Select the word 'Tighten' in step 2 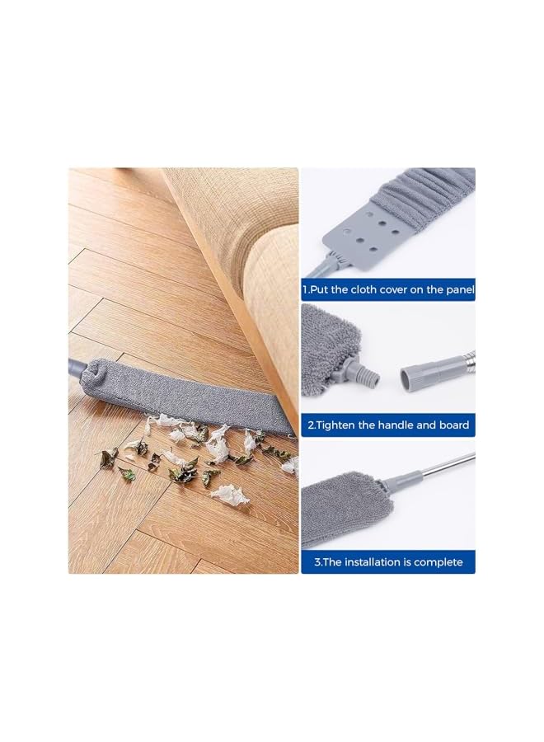339,425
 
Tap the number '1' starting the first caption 305,289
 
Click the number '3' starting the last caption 317,562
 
